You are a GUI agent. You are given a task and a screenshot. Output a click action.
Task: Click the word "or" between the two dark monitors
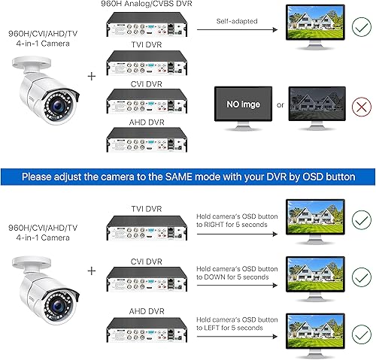point(280,104)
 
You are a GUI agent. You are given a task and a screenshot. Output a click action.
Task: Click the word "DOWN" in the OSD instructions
point(222,277)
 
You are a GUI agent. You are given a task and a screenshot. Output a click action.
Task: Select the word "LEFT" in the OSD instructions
point(220,327)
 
